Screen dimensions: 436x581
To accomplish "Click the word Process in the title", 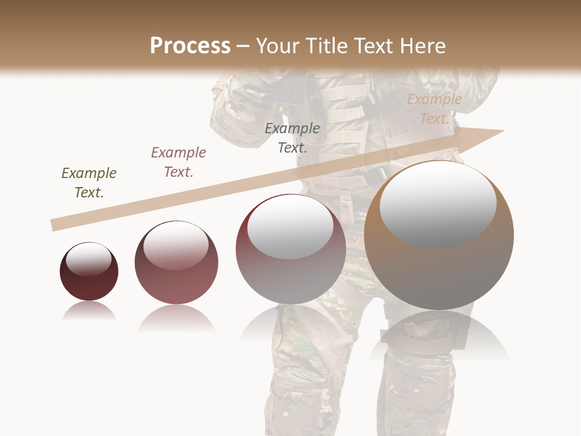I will click(190, 46).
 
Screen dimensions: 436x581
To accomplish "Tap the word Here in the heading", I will click(422, 46).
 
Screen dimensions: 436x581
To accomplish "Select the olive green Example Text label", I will click(89, 182).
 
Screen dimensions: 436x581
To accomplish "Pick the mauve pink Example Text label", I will click(178, 162).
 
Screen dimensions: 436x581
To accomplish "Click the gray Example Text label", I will click(292, 137).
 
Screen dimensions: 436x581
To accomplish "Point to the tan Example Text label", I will click(434, 109).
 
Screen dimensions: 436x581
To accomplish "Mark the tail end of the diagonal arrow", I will click(53, 225).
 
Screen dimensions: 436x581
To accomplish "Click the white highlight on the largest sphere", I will click(438, 203).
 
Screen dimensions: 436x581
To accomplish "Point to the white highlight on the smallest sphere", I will click(88, 259).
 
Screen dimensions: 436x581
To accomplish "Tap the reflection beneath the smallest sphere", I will click(89, 311).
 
